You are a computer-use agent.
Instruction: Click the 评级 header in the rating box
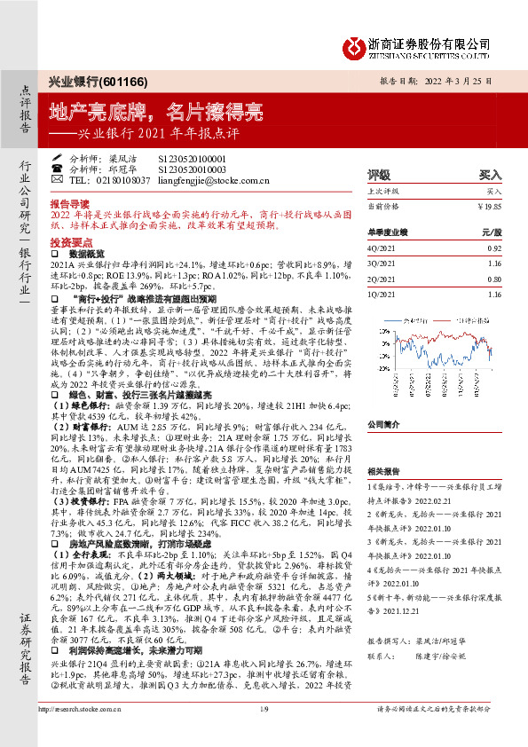[x=380, y=176]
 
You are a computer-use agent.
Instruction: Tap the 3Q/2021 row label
[x=382, y=263]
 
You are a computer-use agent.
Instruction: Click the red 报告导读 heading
[x=70, y=203]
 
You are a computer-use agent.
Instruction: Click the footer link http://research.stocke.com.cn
[x=81, y=733]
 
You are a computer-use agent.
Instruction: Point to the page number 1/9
[x=263, y=733]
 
